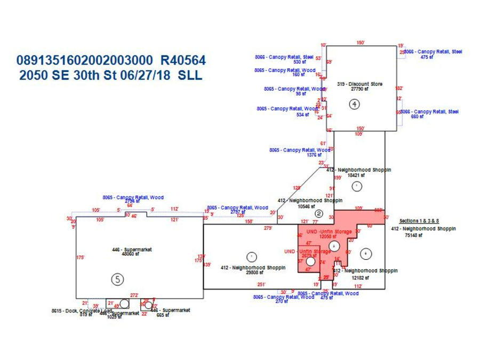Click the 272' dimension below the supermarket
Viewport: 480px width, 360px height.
pyautogui.click(x=134, y=295)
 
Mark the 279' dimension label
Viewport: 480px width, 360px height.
pyautogui.click(x=268, y=228)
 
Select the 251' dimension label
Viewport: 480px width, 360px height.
pyautogui.click(x=261, y=285)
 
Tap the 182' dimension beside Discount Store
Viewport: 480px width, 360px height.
pyautogui.click(x=399, y=88)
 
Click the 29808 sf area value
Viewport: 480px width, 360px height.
pyautogui.click(x=253, y=272)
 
